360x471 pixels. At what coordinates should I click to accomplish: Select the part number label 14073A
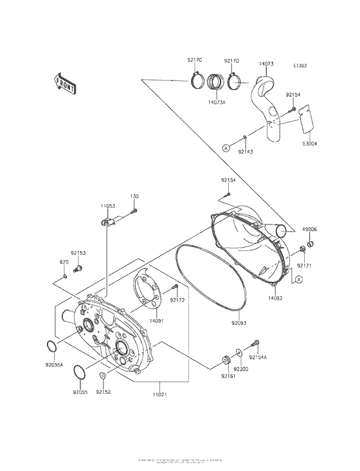217,102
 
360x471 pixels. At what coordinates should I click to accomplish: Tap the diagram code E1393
300,66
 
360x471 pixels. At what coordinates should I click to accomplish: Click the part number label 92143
246,151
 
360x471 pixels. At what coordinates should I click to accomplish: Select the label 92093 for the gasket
240,324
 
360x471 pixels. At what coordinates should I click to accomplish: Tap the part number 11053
107,206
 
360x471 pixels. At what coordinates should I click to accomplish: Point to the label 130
134,196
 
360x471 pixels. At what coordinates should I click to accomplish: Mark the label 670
64,262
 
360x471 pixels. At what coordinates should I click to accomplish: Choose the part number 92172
177,300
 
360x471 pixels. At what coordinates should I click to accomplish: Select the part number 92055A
54,364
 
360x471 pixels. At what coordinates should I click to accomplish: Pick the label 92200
241,369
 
